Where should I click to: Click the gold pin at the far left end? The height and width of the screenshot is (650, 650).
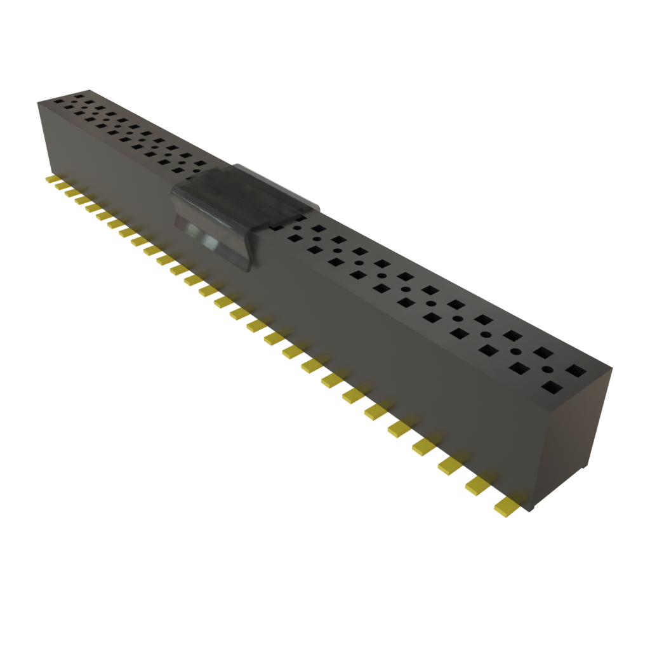tap(50, 180)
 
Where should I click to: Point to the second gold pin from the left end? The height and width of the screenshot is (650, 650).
tap(59, 186)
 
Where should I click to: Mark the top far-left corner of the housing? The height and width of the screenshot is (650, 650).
tap(38, 101)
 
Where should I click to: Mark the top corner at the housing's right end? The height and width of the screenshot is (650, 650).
tap(614, 367)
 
